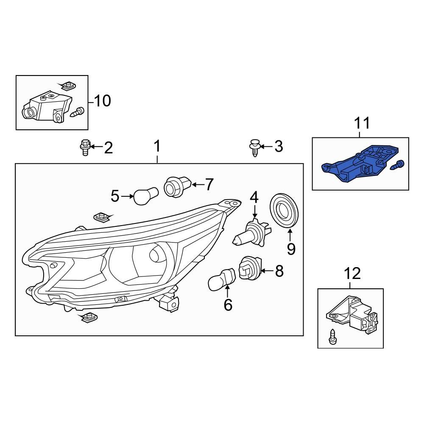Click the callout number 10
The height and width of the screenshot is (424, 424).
point(102,101)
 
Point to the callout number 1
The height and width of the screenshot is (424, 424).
point(157,147)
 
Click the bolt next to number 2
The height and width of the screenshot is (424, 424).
point(85,147)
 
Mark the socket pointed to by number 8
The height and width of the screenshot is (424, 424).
point(250,269)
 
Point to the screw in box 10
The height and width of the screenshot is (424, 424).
point(78,112)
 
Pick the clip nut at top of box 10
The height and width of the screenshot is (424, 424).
point(67,86)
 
